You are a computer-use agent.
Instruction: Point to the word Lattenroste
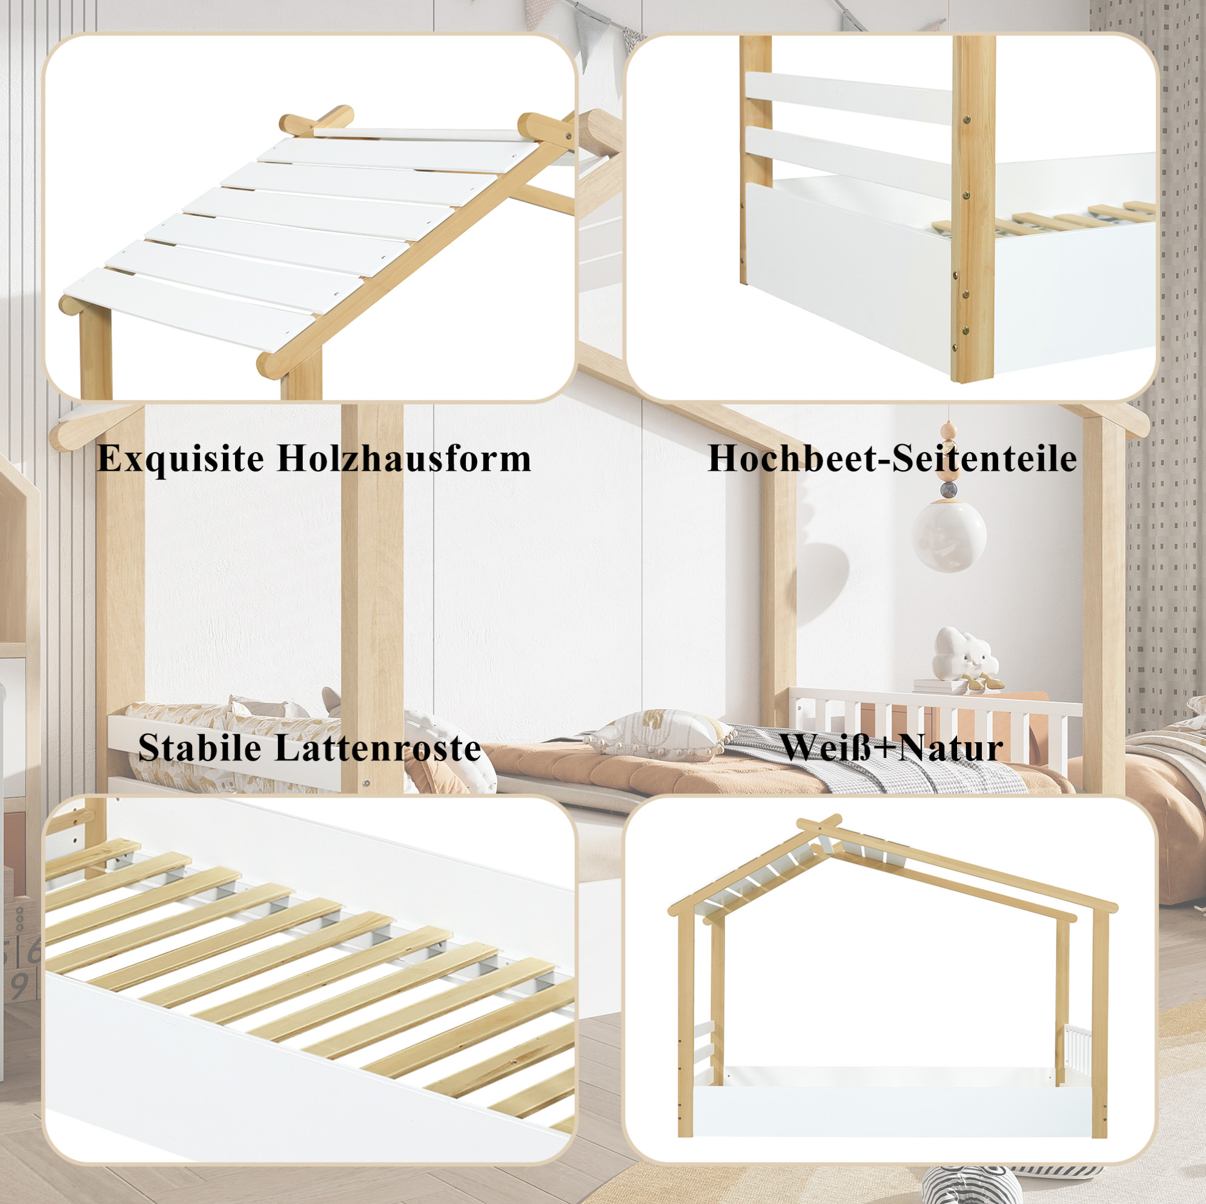[377, 748]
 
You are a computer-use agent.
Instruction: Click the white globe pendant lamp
[949, 536]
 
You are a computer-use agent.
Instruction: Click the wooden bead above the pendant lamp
[948, 430]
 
